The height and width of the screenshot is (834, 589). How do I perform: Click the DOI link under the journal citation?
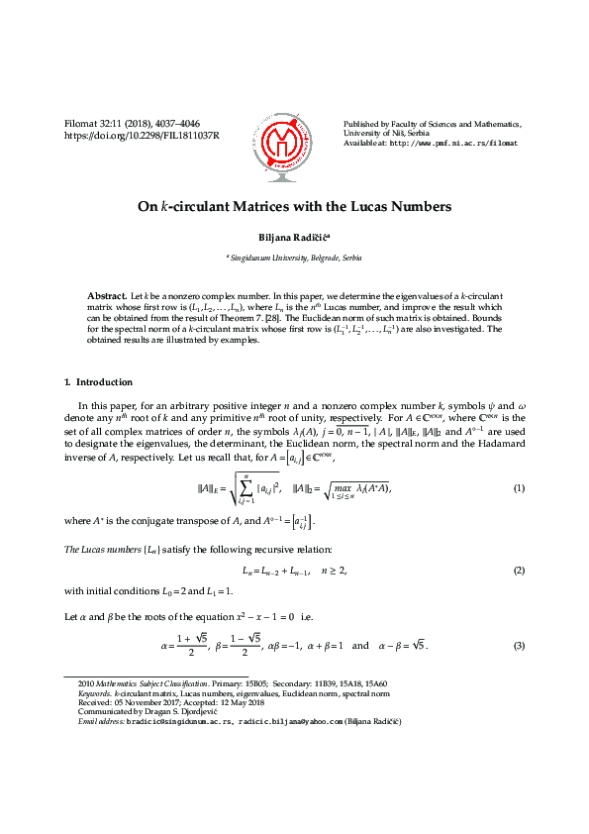coord(142,135)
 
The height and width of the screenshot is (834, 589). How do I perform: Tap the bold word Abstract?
coord(107,296)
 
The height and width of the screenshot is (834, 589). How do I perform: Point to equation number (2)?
coord(518,572)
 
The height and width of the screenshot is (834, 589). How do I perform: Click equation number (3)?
coord(518,646)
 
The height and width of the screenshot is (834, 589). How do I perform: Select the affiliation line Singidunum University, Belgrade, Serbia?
coord(295,258)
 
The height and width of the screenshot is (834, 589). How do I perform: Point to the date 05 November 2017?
coord(143,703)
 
